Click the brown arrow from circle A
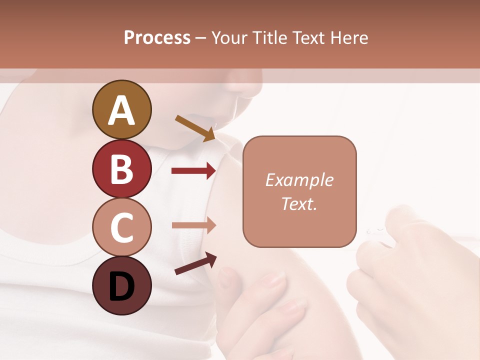point(195,128)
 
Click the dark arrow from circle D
point(195,263)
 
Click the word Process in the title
point(157,38)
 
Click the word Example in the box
point(299,180)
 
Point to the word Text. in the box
point(299,203)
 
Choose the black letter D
point(121,286)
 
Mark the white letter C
point(121,228)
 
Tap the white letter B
point(121,169)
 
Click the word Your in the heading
point(229,38)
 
